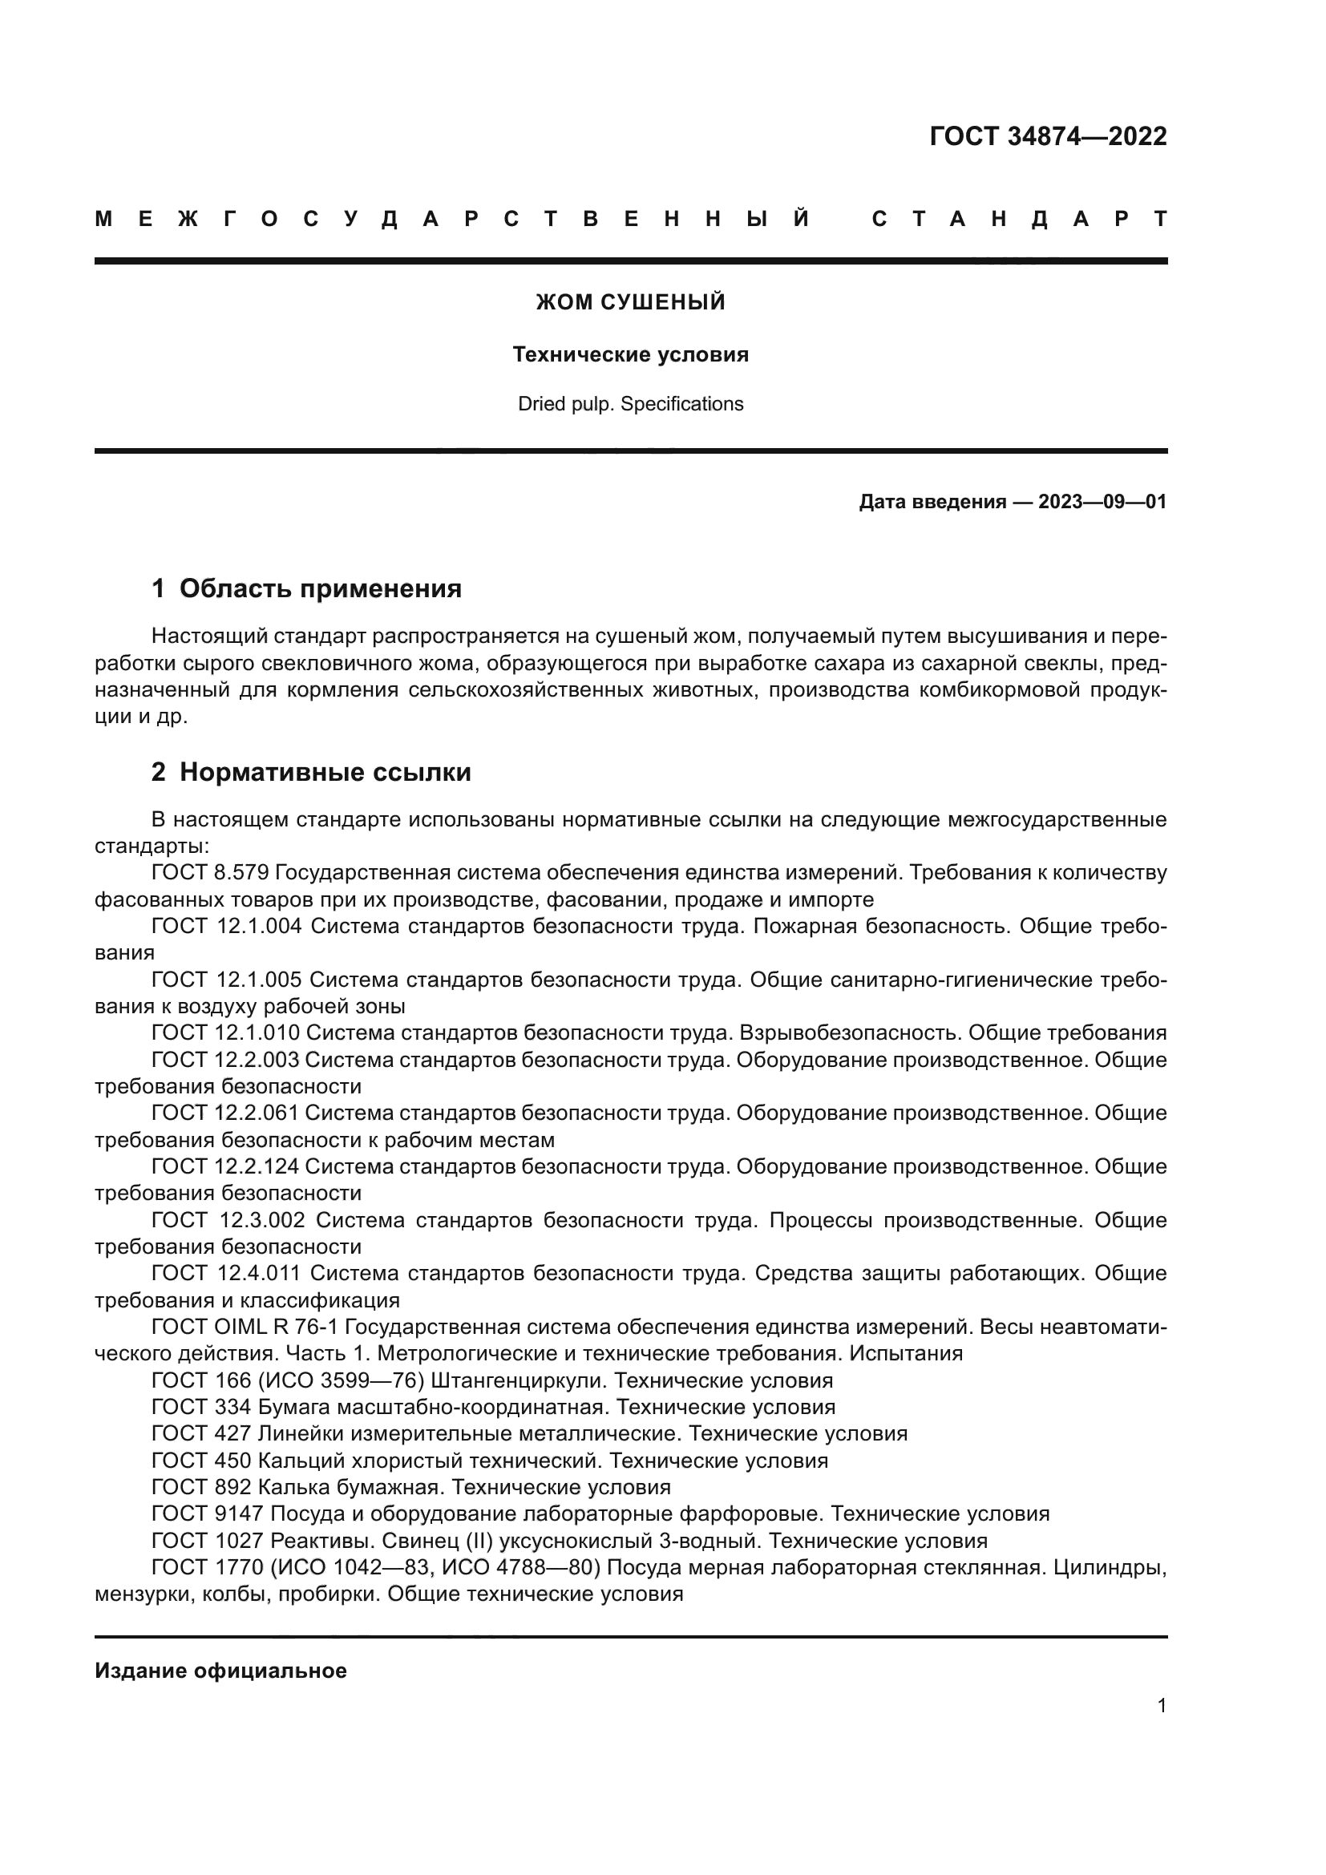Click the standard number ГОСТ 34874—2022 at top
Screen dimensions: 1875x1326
pos(1048,135)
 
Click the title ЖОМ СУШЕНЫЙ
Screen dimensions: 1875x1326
pos(630,302)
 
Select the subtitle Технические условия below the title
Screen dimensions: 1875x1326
pos(630,354)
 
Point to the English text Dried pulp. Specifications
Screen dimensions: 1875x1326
pos(630,404)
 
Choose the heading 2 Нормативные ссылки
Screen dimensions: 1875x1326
pos(311,772)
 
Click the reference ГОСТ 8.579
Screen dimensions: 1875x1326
pos(210,873)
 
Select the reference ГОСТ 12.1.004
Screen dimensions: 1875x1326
pos(226,926)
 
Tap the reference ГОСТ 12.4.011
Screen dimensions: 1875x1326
pos(226,1272)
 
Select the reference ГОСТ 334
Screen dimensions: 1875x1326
pos(201,1407)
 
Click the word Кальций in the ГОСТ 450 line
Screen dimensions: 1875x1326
pos(294,1460)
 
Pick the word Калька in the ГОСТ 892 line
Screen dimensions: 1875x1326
pos(293,1487)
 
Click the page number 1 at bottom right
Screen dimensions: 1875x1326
pos(1161,1705)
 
